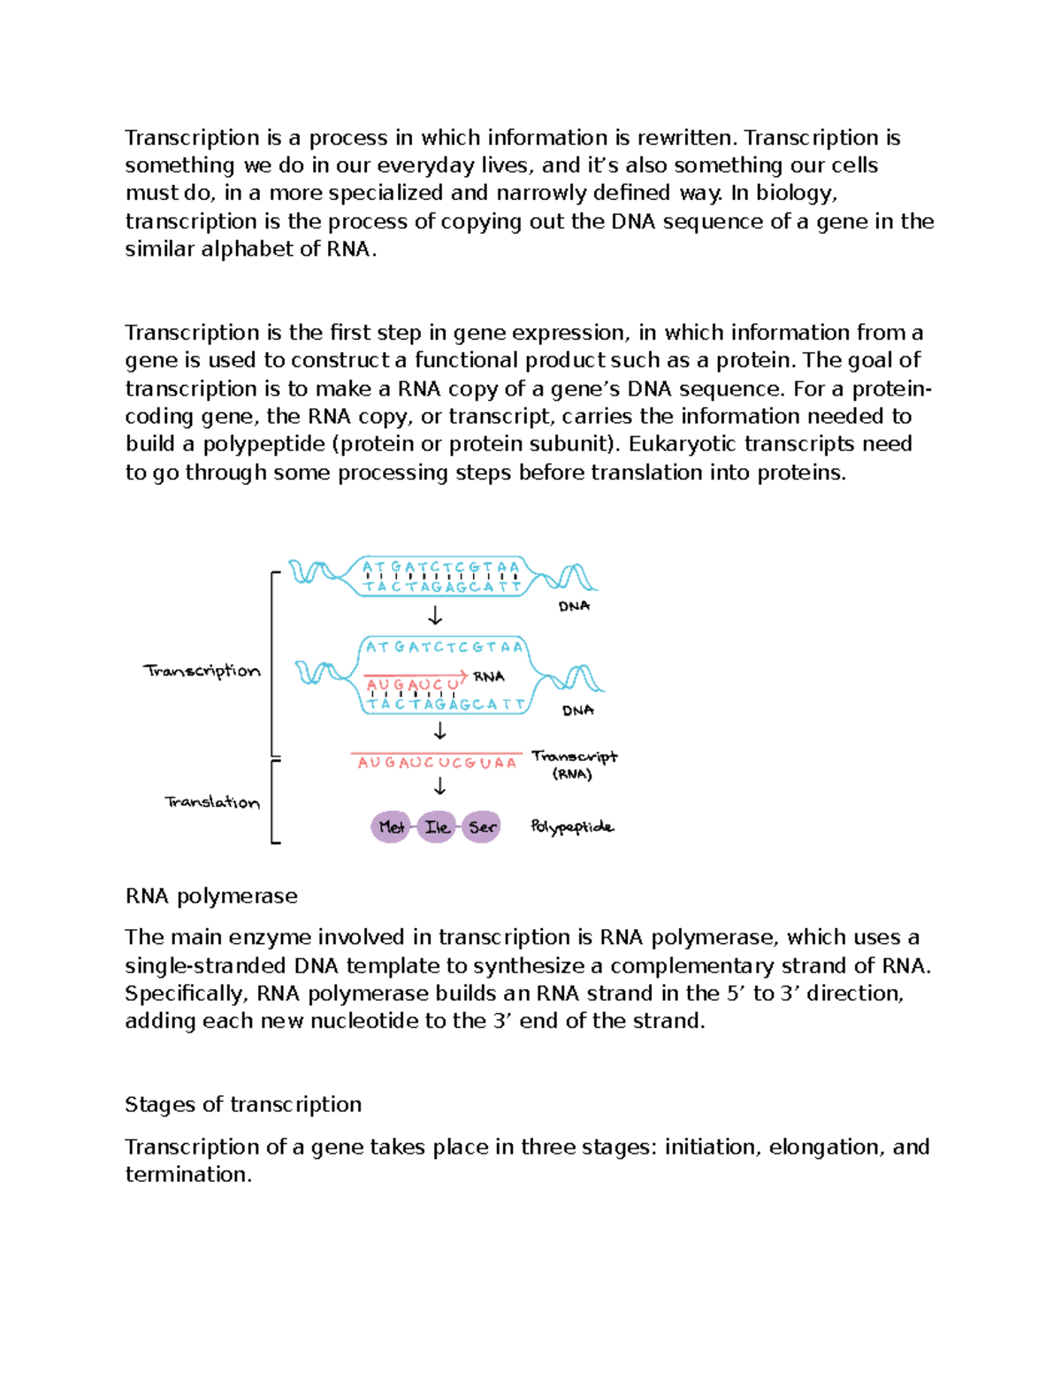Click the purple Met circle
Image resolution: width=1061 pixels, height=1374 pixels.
pyautogui.click(x=390, y=827)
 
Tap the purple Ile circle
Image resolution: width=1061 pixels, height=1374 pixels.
pyautogui.click(x=437, y=827)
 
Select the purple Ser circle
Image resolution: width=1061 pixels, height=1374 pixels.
pyautogui.click(x=482, y=827)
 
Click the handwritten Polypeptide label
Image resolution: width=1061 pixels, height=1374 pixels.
pyautogui.click(x=571, y=827)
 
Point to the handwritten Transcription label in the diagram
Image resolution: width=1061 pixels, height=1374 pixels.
pyautogui.click(x=202, y=671)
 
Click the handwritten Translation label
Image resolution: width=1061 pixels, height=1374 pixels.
pyautogui.click(x=212, y=802)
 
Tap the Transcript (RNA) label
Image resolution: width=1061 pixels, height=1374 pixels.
pyautogui.click(x=574, y=764)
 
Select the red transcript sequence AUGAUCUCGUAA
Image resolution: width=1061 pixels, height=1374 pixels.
pyautogui.click(x=437, y=763)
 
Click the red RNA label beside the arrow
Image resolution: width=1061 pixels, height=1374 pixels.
pyautogui.click(x=489, y=677)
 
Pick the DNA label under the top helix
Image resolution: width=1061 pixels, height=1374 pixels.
pyautogui.click(x=574, y=606)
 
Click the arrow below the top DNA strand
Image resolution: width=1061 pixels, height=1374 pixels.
pyautogui.click(x=435, y=616)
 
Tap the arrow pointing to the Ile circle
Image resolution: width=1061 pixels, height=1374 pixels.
pyautogui.click(x=439, y=787)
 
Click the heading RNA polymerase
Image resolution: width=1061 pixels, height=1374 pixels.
pyautogui.click(x=211, y=896)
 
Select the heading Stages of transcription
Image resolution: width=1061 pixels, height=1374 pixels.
pyautogui.click(x=243, y=1104)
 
